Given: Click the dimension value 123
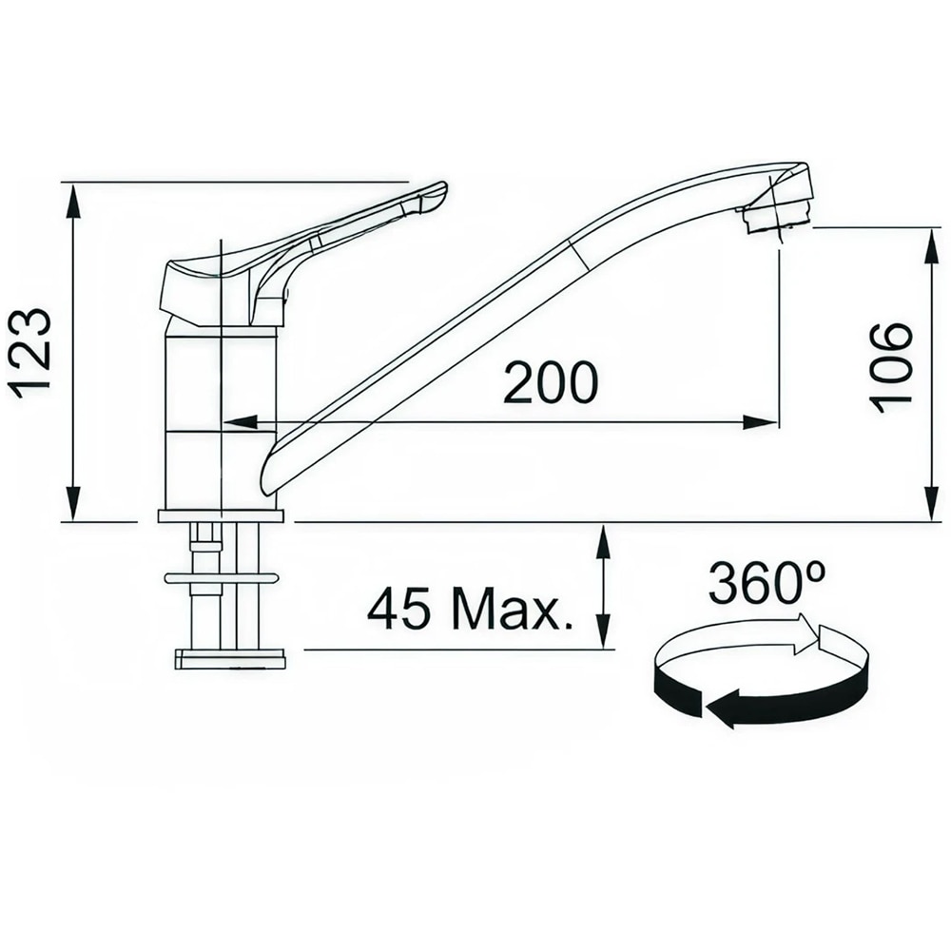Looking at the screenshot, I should pos(30,352).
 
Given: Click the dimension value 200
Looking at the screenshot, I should pos(551,383).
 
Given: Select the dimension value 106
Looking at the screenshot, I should pos(891,366).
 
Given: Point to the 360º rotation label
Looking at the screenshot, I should pos(766,584).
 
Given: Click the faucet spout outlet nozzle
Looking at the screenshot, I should pos(779,213).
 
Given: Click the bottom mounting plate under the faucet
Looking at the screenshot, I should pos(229,659).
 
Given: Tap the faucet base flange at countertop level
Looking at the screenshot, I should pos(221,515).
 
